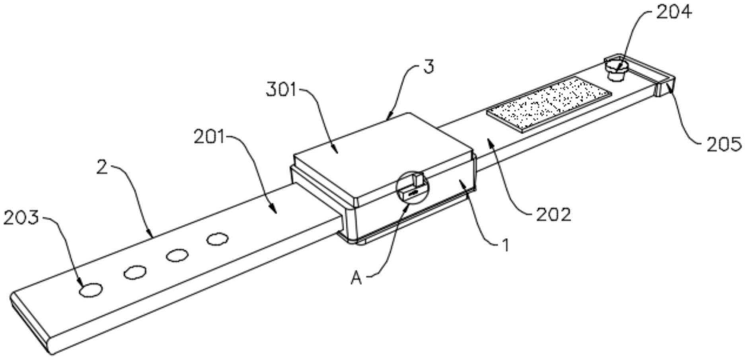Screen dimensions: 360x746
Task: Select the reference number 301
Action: point(281,90)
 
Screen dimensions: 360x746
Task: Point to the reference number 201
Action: point(209,138)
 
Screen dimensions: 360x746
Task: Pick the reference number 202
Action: point(553,215)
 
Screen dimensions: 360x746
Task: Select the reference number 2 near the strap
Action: point(102,167)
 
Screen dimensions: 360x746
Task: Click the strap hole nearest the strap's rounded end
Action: point(91,290)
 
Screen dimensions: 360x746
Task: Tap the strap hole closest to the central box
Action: point(217,239)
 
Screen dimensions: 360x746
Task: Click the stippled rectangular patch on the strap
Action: point(549,104)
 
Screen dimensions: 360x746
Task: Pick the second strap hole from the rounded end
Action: point(134,272)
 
